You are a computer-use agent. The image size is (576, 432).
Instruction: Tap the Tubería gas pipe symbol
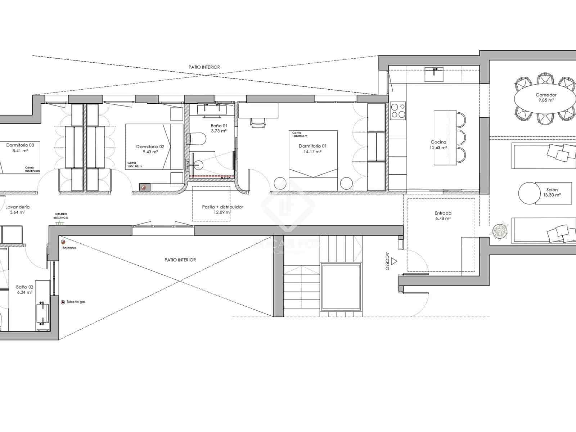click(x=63, y=302)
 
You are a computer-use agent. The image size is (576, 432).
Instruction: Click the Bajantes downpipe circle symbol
click(x=63, y=242)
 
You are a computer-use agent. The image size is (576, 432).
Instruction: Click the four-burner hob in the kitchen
click(x=398, y=111)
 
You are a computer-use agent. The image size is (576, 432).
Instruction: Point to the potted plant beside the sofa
click(x=500, y=230)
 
